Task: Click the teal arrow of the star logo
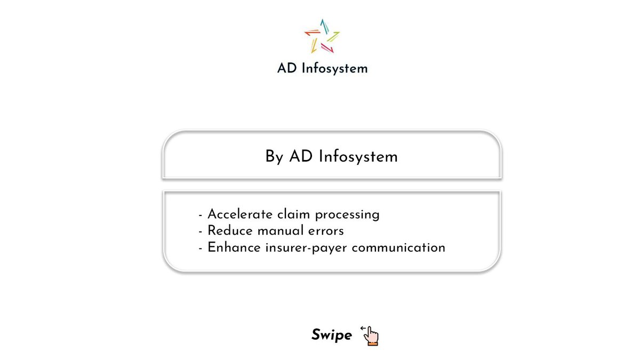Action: pos(323,27)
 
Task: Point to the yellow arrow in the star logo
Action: pos(315,45)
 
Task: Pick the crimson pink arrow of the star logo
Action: pos(327,48)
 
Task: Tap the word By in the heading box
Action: pos(274,157)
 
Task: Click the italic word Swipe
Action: pos(332,335)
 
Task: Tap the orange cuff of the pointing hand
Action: pos(373,342)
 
